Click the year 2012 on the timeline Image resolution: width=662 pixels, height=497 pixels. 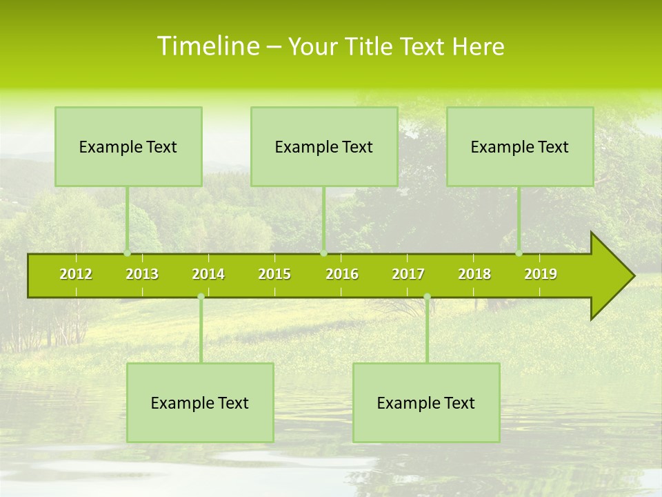pos(76,274)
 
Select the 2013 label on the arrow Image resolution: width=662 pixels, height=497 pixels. pos(142,274)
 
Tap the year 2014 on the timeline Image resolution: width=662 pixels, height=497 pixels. pos(208,274)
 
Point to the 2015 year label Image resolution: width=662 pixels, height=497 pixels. pos(274,274)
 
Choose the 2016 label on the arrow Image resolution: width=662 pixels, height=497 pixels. pos(342,274)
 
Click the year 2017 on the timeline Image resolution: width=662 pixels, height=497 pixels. pos(408,274)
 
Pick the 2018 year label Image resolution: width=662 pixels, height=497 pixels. pos(474,274)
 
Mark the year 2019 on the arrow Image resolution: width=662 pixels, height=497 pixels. pos(541,274)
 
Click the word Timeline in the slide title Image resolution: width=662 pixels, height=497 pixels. pos(207,46)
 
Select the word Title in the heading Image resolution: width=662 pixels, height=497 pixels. pos(370,47)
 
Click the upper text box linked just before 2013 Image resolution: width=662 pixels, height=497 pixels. pos(128,147)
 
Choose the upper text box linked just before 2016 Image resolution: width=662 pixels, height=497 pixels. pos(324,147)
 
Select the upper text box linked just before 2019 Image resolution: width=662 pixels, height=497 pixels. pos(520,147)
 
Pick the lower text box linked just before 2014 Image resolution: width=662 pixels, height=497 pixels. pos(200,403)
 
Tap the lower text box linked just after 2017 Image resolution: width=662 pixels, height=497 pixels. pos(426,403)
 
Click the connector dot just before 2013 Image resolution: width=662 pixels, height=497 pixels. pos(127,253)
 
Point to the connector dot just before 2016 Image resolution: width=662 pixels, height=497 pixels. pos(323,253)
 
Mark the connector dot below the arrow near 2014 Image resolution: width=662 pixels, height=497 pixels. pos(201,297)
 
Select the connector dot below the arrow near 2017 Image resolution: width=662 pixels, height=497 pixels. pos(427,297)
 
